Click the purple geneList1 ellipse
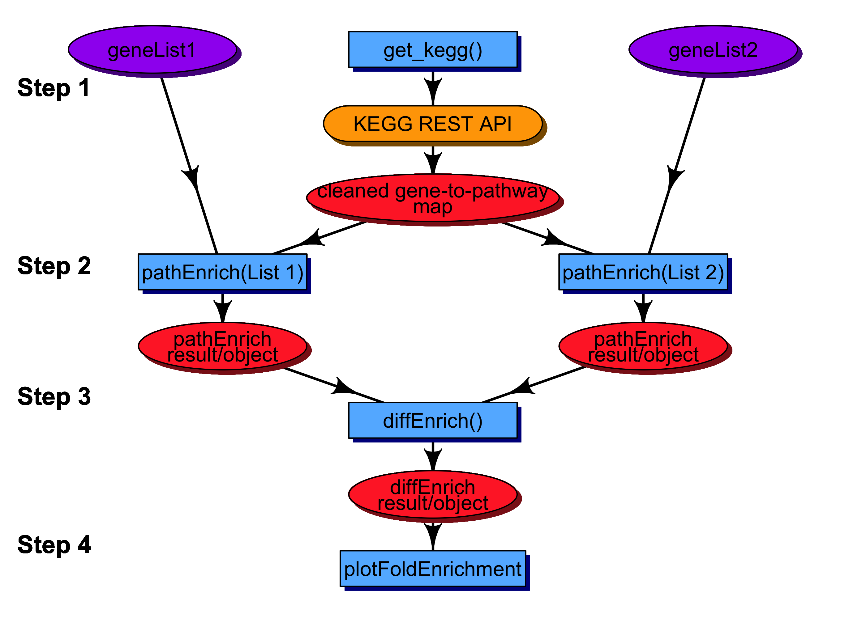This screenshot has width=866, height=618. [x=152, y=49]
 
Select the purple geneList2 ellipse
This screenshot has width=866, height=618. [x=713, y=49]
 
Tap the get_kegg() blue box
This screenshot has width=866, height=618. [x=433, y=49]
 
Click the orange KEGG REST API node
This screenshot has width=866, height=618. [x=433, y=124]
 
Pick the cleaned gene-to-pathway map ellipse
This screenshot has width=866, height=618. [x=433, y=198]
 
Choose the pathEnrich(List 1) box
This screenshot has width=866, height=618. [x=222, y=272]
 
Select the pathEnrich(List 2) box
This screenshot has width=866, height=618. [x=643, y=272]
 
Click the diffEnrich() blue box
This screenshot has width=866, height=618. [x=433, y=421]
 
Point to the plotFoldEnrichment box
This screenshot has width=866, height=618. [x=433, y=569]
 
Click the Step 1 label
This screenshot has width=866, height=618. [x=53, y=88]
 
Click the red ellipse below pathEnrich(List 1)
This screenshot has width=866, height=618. [x=222, y=346]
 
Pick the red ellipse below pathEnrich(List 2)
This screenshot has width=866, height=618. [x=643, y=346]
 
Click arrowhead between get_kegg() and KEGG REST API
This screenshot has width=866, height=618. [x=433, y=89]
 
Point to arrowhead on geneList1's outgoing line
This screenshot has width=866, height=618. [x=193, y=177]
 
